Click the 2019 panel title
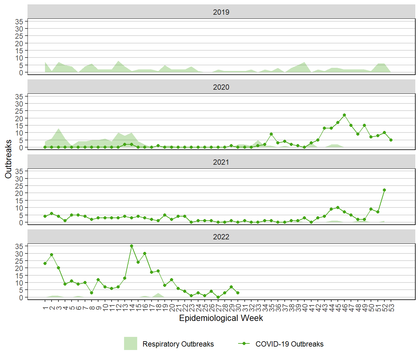point(221,12)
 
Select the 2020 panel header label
point(221,87)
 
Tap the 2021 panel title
point(221,162)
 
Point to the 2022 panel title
point(221,237)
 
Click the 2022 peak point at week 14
point(132,246)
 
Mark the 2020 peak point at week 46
point(344,115)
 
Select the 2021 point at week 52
point(384,190)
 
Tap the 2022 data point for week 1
point(45,263)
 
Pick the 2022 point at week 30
point(238,293)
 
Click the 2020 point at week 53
point(391,140)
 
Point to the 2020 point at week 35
point(271,134)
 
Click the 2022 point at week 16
point(145,253)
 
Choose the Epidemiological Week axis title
point(221,318)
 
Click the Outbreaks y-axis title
point(8,159)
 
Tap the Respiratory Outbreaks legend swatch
point(131,343)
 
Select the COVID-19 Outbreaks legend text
point(289,344)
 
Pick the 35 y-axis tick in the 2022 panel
point(19,246)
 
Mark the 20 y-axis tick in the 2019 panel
point(19,43)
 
